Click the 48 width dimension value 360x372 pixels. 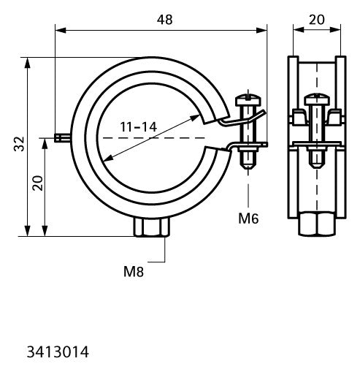164,20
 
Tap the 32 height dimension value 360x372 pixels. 19,144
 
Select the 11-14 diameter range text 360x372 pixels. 139,127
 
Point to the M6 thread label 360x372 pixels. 248,219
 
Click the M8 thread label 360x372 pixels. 134,271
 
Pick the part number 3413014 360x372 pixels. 58,352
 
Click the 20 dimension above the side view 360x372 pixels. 317,20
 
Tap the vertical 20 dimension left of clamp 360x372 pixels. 38,183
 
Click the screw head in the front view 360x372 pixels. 248,100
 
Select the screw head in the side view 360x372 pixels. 317,99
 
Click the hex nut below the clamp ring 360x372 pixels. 152,227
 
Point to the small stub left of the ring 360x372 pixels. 62,138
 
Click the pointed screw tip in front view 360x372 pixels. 248,167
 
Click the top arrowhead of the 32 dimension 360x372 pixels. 28,63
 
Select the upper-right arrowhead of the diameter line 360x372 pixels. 195,118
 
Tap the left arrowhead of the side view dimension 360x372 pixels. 299,30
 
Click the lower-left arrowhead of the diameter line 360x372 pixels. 109,158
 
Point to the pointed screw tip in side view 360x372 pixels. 317,165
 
